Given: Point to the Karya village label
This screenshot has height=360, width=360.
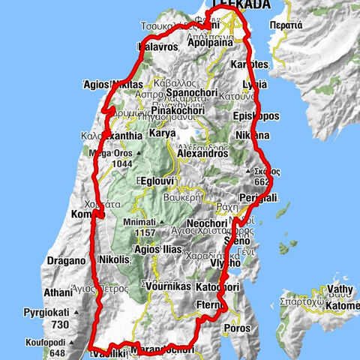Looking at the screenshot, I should coord(162,133).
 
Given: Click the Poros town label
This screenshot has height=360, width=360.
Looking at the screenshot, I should coord(237,328).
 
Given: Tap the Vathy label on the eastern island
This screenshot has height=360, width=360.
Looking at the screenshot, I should coord(334,289).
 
